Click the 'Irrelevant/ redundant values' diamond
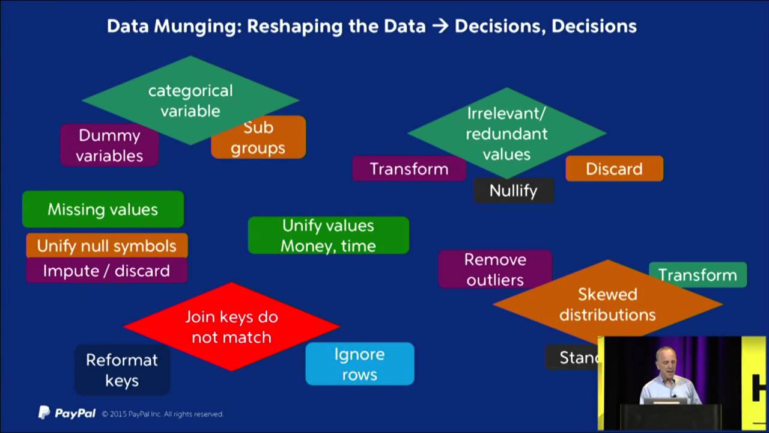(x=506, y=134)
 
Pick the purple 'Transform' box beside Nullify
(x=409, y=169)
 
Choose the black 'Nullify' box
(x=513, y=191)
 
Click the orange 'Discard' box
(x=614, y=169)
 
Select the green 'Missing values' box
(x=103, y=209)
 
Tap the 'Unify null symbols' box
(x=106, y=245)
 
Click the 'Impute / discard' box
(x=106, y=271)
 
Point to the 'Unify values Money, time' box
(x=328, y=235)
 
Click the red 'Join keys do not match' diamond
(x=231, y=327)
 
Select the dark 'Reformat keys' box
(x=121, y=370)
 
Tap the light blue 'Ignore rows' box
(x=359, y=364)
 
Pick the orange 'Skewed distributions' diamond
(x=607, y=304)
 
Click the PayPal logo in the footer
(x=67, y=413)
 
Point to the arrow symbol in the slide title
(x=440, y=26)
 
